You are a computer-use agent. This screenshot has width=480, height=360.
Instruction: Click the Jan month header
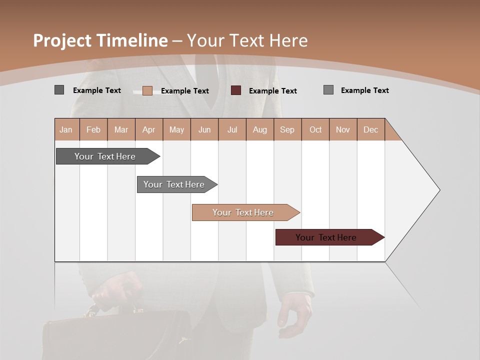click(x=66, y=129)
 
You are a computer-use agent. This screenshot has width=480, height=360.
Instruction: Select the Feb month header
click(x=93, y=129)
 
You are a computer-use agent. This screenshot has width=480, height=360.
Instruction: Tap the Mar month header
click(x=121, y=129)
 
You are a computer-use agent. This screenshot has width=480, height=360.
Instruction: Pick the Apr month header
click(x=149, y=129)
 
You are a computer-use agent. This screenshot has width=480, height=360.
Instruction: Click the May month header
click(x=176, y=129)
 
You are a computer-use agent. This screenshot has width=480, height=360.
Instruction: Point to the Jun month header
click(x=204, y=129)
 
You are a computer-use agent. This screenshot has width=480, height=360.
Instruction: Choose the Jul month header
click(x=232, y=129)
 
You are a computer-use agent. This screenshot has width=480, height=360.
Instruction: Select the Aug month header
click(x=260, y=129)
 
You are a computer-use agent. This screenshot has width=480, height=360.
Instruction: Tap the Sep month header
click(x=287, y=129)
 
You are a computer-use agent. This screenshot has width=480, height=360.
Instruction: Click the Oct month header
click(x=315, y=129)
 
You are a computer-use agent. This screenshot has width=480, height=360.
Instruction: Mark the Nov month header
click(x=343, y=129)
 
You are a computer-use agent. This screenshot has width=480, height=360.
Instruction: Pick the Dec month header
click(x=371, y=129)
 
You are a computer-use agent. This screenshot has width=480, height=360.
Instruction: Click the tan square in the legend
click(x=147, y=90)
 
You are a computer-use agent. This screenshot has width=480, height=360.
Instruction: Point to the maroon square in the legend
click(x=236, y=90)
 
